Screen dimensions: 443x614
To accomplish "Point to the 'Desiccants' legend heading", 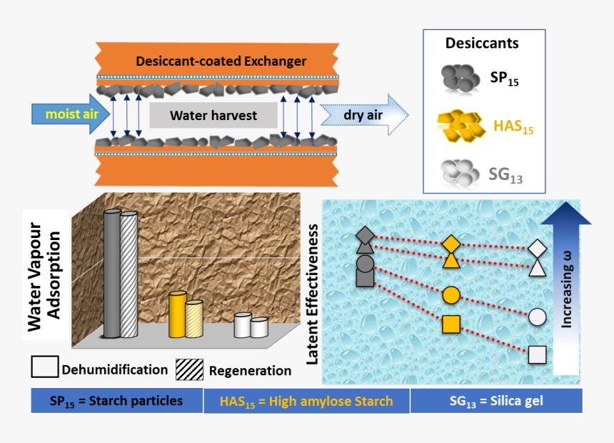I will click(482, 43).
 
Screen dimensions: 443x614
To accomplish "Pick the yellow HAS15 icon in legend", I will click(460, 127).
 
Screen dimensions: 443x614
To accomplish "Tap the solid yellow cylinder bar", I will click(176, 314).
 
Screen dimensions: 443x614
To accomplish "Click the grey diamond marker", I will click(364, 234).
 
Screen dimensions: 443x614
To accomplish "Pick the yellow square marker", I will click(451, 324).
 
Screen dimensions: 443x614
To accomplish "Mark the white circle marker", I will click(537, 317).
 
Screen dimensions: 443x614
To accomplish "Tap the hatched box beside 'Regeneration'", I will click(191, 368).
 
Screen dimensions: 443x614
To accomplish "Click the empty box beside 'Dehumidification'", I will click(44, 367).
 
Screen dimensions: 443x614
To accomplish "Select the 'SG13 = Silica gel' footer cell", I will click(495, 401).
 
